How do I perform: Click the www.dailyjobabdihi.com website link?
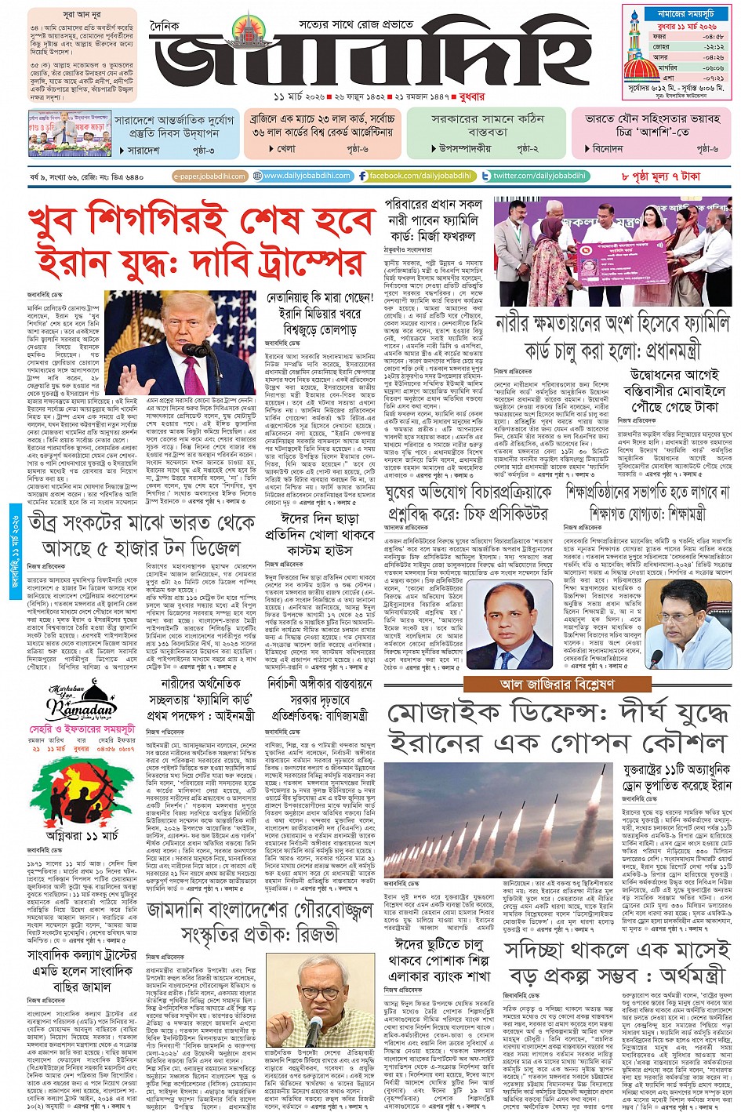pos(307,176)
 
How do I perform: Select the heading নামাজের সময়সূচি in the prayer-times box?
pos(680,14)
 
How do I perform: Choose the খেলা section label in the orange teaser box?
pos(286,148)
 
